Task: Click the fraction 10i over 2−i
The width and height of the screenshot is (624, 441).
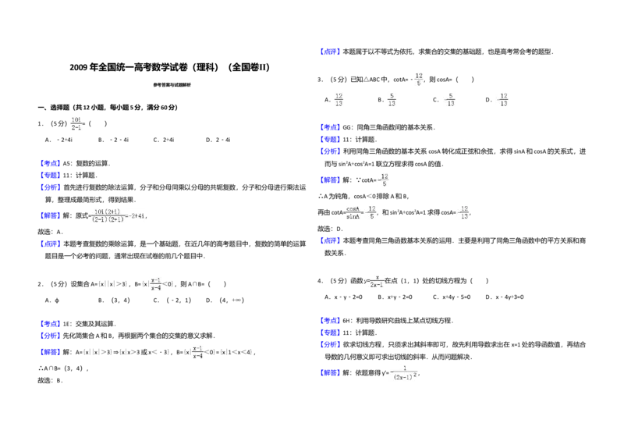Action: tap(76, 122)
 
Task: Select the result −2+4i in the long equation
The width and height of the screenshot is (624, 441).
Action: tap(138, 215)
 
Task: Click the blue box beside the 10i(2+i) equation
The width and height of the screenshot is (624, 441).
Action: tap(50, 215)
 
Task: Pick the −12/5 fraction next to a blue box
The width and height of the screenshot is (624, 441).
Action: tap(384, 179)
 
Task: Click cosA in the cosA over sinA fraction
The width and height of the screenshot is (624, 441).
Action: tap(353, 208)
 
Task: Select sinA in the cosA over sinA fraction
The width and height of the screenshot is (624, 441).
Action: tap(353, 217)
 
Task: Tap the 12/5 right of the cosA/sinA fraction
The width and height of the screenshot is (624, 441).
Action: tap(373, 212)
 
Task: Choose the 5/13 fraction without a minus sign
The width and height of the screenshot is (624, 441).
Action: tap(393, 99)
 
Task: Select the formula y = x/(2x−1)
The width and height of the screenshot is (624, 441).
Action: tap(374, 281)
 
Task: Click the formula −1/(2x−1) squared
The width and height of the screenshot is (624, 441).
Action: tap(403, 374)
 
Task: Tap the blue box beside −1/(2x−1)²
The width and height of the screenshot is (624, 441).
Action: tap(330, 374)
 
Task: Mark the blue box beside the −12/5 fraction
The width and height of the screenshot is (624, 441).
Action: tap(330, 180)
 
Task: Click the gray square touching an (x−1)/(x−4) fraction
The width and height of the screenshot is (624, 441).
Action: tap(147, 278)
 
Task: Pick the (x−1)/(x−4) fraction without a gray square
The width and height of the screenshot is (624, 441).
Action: tap(197, 352)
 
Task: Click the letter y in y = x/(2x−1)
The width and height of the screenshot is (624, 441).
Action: tap(364, 281)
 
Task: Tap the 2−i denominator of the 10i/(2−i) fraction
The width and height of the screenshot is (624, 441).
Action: tap(76, 126)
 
